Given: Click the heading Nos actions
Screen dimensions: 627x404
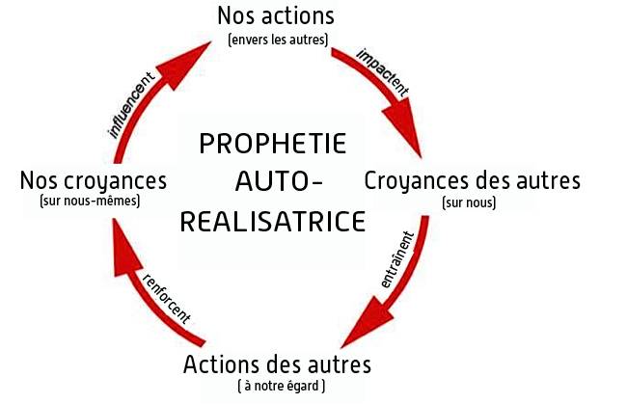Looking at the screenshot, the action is click(x=276, y=16).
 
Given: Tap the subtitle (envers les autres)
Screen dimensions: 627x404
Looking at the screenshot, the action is click(x=278, y=40).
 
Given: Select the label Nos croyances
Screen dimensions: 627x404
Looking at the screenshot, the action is click(x=94, y=181).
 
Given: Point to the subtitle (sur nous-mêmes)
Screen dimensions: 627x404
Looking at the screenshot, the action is click(x=90, y=201).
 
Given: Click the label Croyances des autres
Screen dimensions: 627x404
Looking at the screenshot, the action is click(x=472, y=181).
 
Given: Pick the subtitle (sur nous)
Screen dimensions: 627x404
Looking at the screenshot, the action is click(x=469, y=202).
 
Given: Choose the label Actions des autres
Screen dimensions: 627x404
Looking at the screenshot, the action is click(x=277, y=364).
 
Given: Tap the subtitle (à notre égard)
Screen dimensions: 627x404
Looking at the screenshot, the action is click(x=282, y=387).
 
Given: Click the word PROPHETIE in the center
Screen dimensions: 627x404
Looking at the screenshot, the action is click(x=273, y=144).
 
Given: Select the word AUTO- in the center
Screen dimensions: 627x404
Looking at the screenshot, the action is click(x=279, y=182).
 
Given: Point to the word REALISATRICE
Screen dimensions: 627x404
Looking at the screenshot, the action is click(x=273, y=222).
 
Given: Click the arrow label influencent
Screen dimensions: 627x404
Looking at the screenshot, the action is click(x=131, y=105).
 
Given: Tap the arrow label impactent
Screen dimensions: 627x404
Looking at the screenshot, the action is click(x=383, y=72).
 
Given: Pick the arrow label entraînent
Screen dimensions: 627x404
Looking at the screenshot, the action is click(x=397, y=259).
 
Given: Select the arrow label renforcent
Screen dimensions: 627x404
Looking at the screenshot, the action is click(x=167, y=299).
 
